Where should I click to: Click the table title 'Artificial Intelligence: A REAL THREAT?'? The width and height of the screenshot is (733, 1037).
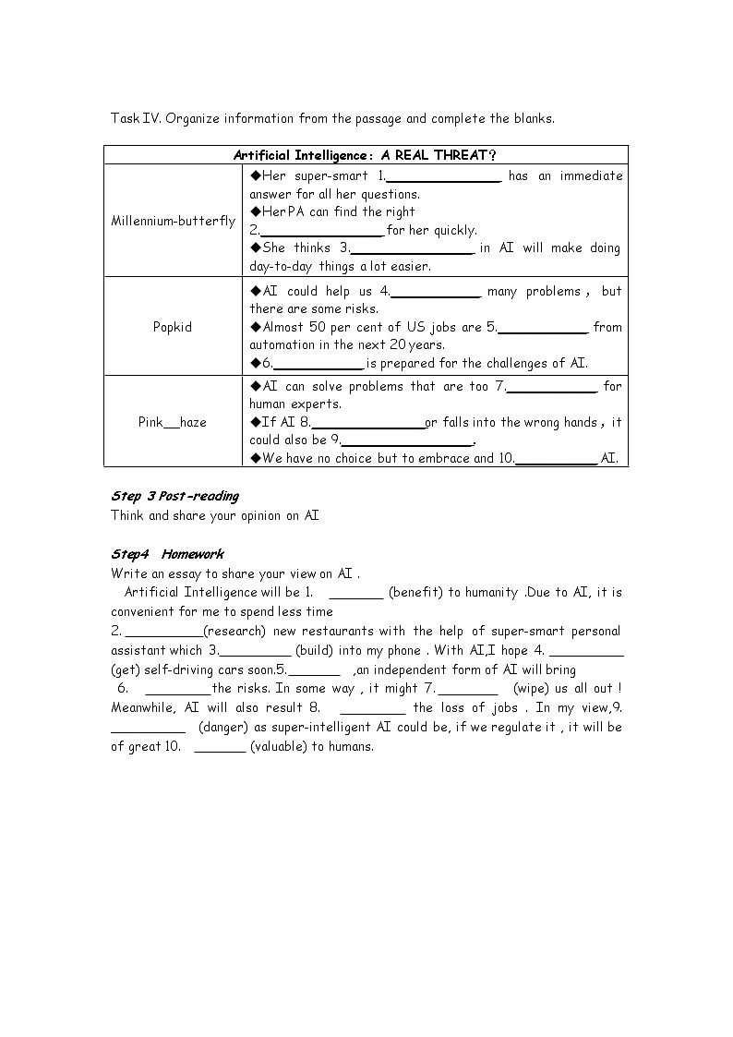click(x=366, y=154)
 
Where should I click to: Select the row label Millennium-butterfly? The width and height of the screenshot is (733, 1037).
click(x=173, y=222)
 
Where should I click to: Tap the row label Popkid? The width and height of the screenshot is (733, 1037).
click(x=173, y=327)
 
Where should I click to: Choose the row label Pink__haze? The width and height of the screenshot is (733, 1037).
click(x=173, y=422)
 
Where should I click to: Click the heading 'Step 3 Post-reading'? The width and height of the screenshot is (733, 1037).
click(x=174, y=496)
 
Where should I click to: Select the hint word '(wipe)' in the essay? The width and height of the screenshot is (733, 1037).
click(x=532, y=688)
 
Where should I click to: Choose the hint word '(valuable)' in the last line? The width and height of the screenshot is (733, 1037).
click(x=281, y=746)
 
